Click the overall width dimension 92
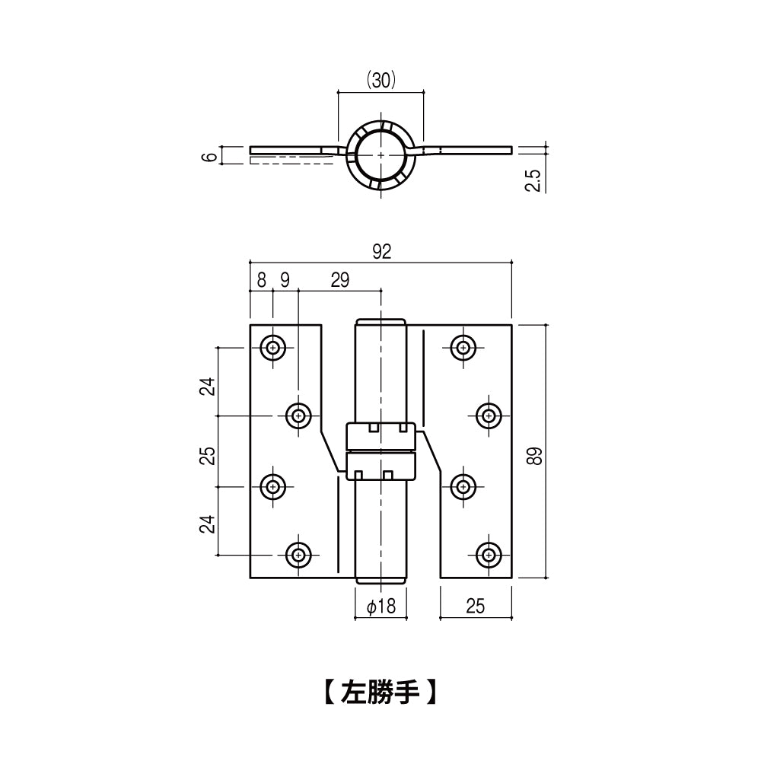[x=381, y=251]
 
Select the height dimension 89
[x=534, y=456]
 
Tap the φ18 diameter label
[x=381, y=607]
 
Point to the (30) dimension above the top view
[x=381, y=80]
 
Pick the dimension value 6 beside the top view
[x=209, y=157]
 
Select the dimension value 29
[x=339, y=280]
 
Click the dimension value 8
[x=262, y=280]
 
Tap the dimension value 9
[x=285, y=280]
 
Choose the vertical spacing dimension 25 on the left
[x=208, y=456]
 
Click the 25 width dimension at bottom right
[x=475, y=607]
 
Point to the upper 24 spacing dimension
[x=208, y=387]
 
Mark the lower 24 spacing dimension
[x=208, y=524]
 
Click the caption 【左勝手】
[x=380, y=692]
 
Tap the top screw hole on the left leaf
[x=272, y=348]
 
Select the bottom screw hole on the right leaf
[x=489, y=554]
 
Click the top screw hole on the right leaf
[x=463, y=348]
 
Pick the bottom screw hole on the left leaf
[x=298, y=554]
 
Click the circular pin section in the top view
[x=381, y=154]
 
